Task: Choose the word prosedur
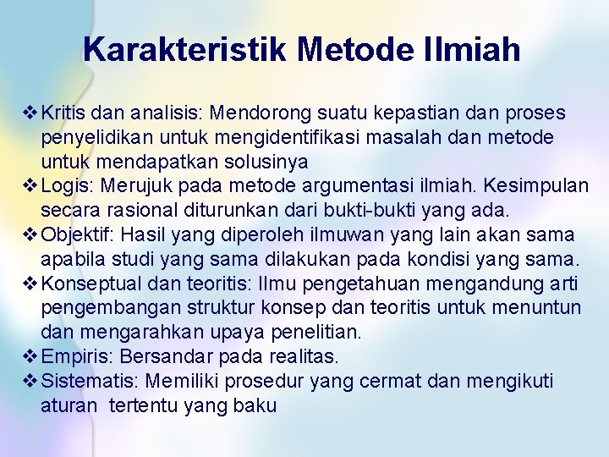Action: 266,382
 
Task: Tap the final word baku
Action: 256,405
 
